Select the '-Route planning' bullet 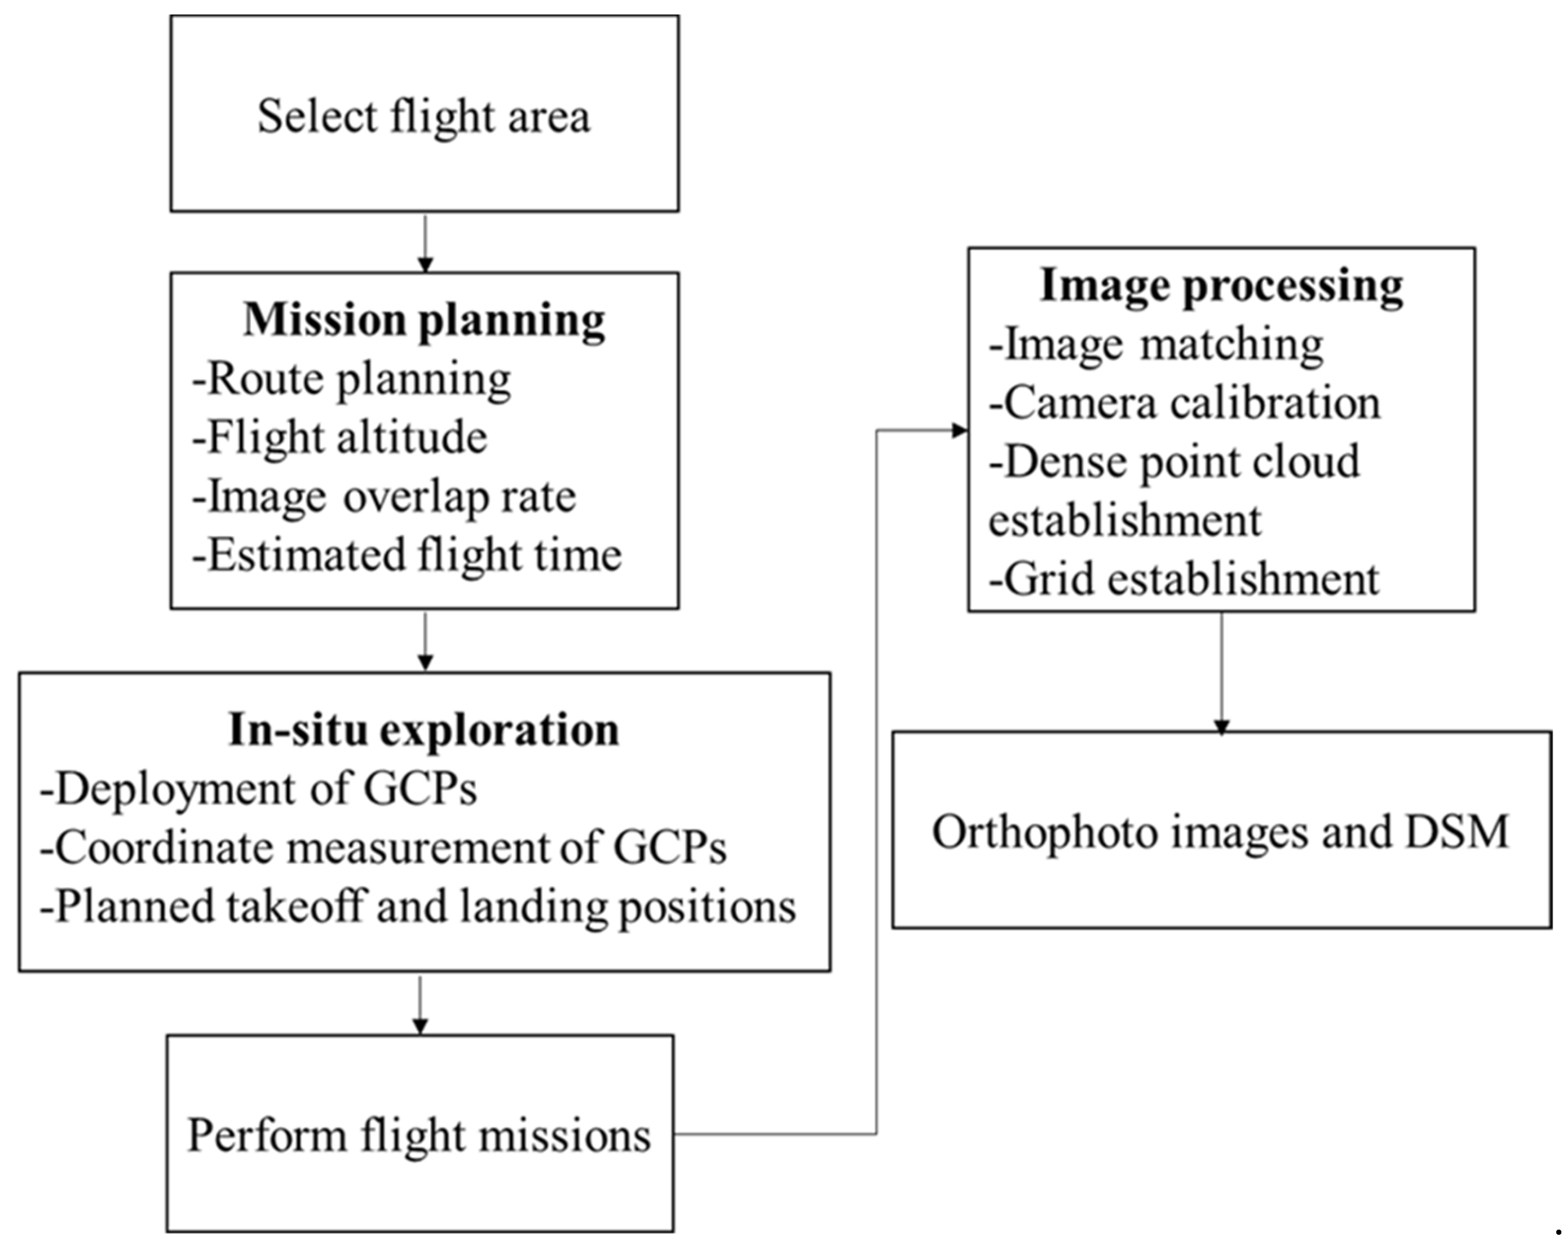point(352,378)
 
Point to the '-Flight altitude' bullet point(340,438)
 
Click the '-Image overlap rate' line point(384,497)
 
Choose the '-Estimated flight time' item point(407,556)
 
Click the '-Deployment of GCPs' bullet point(259,788)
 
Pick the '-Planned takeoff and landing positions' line point(418,907)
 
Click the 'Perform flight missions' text point(420,1135)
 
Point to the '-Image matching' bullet point(1155,344)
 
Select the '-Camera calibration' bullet point(1185,403)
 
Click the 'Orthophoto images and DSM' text point(1221,832)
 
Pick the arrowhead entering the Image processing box point(959,430)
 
